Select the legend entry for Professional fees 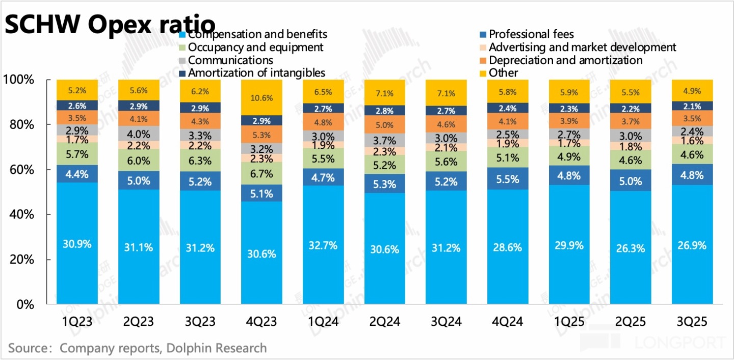[x=531, y=35]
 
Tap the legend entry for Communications [x=230, y=60]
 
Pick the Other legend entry [x=503, y=73]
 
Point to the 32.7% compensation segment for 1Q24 [x=323, y=245]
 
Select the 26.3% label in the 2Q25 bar [x=631, y=248]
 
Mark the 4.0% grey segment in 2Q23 [x=138, y=134]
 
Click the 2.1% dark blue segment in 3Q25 [x=692, y=106]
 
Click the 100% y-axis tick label [x=18, y=80]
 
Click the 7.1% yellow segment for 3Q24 [x=447, y=93]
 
